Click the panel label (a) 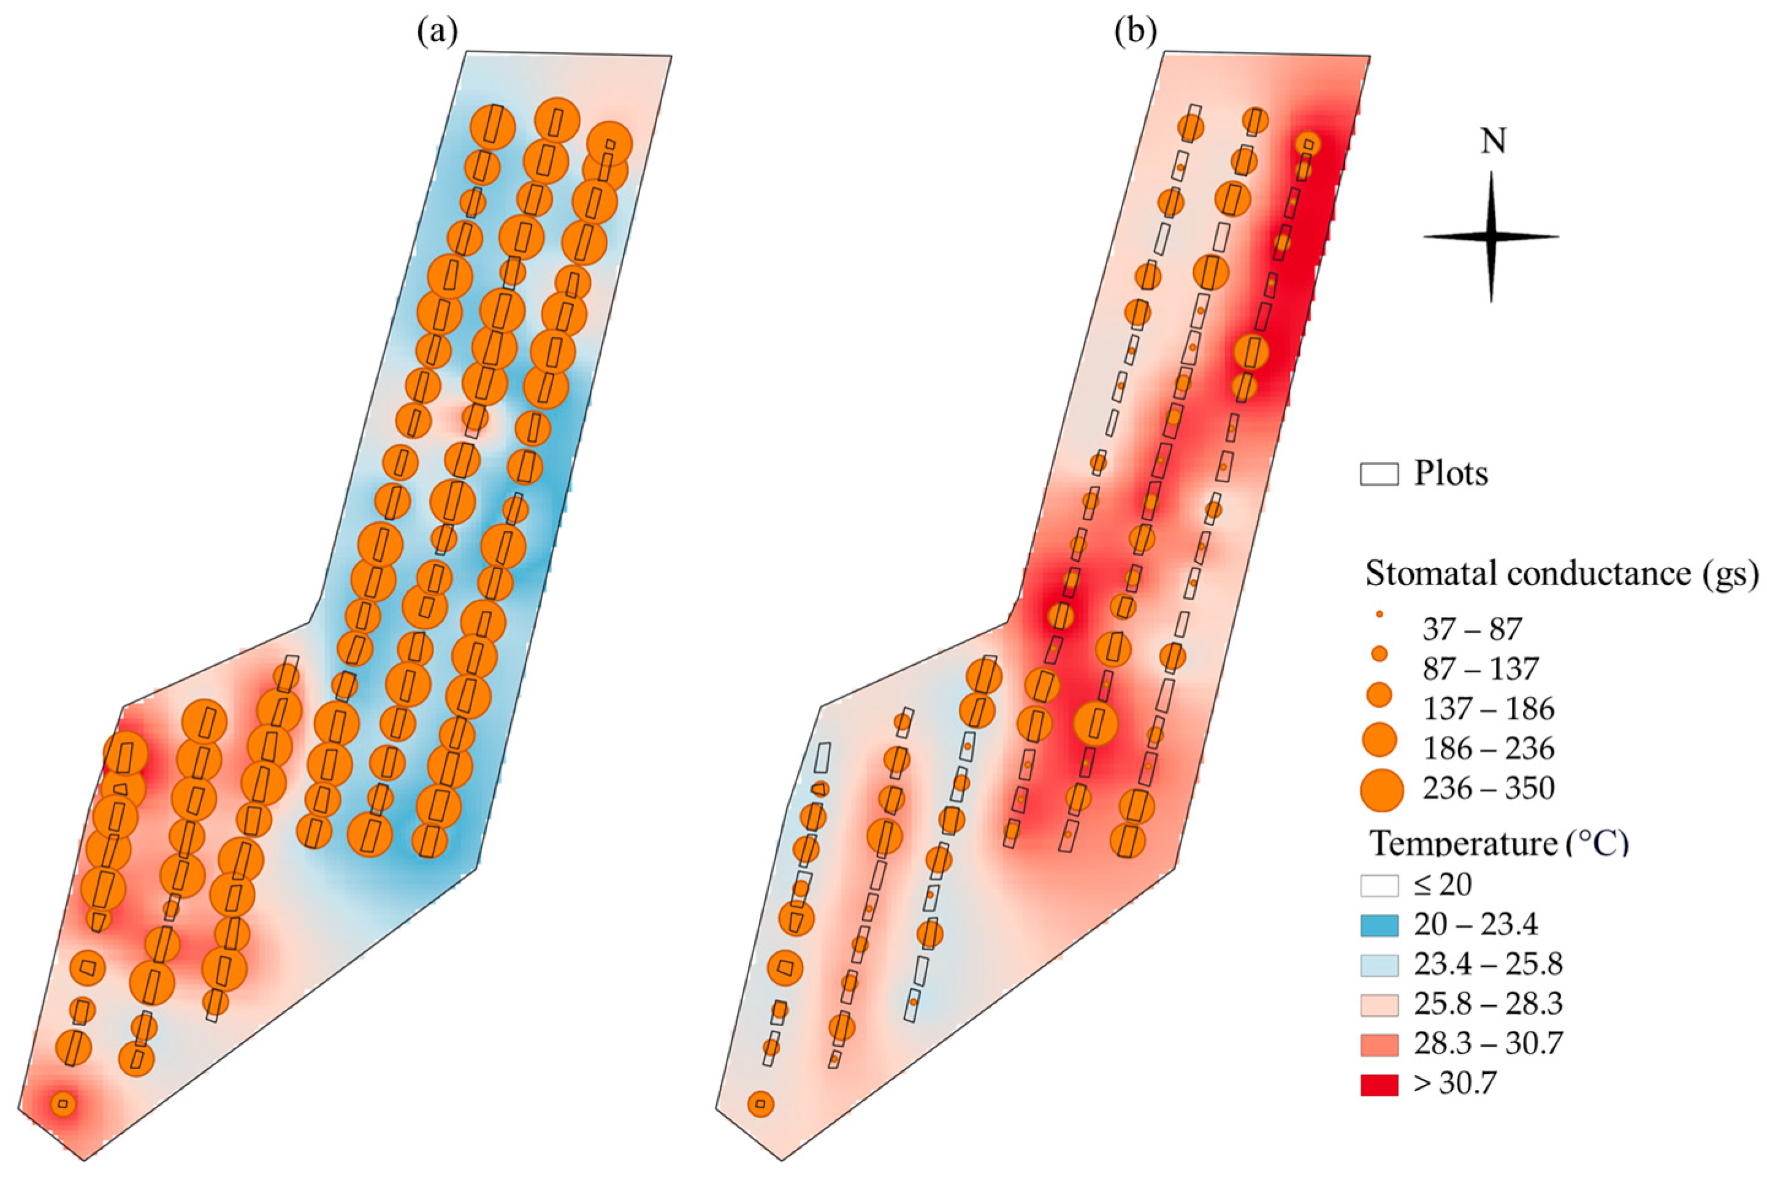(437, 33)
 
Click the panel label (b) (1135, 33)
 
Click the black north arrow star (1490, 236)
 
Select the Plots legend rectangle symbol (1378, 474)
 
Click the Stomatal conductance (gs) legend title (1561, 573)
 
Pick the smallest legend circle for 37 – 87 (1379, 613)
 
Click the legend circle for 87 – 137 (1379, 653)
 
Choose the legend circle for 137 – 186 (1379, 694)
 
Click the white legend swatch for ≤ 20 (1378, 886)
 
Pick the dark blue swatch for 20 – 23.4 (1378, 925)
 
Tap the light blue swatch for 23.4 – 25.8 (1378, 965)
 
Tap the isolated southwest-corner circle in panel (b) (760, 1104)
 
